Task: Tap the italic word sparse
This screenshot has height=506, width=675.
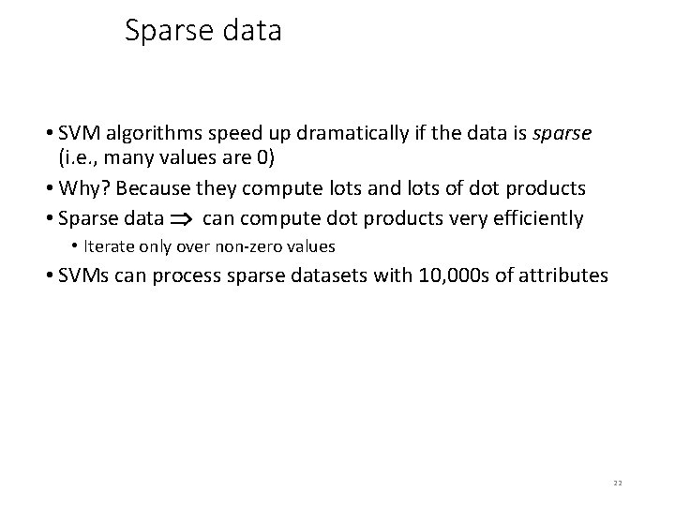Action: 562,133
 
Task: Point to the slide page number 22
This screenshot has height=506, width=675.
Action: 617,483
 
